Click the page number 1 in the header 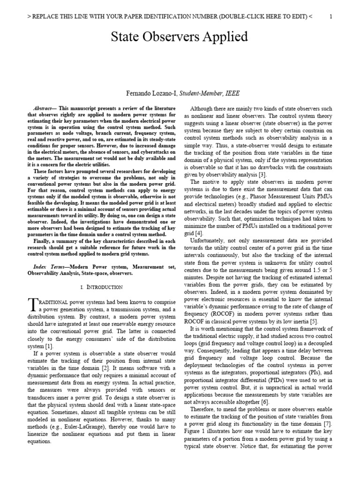tap(331, 17)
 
